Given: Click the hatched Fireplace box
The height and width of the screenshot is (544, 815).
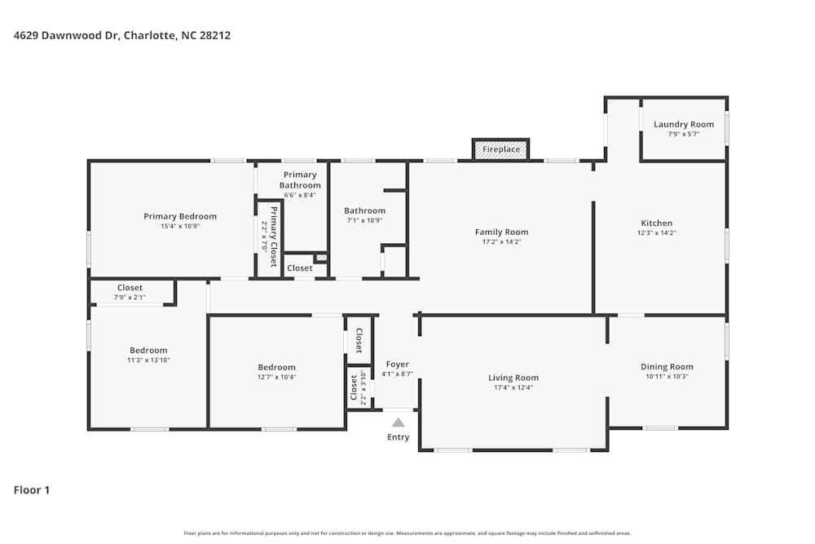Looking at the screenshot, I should point(500,149).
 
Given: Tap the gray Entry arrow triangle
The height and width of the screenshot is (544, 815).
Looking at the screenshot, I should point(398,422).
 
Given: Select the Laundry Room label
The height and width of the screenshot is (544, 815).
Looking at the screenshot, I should point(683,125).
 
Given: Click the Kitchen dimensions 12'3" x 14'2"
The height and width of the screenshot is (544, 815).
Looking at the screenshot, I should point(656,232).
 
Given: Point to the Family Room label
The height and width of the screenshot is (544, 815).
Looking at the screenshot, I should point(501,232).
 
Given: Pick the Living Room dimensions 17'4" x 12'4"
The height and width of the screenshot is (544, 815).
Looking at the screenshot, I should point(513,387).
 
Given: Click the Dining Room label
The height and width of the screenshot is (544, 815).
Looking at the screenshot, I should point(667,367).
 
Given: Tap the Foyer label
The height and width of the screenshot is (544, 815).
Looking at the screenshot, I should point(397,365).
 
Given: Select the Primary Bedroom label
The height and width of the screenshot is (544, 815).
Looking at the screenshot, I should point(180,216).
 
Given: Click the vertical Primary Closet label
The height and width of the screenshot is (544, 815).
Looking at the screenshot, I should point(274,237).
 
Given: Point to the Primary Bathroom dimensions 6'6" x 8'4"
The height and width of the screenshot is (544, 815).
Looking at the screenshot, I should point(300,195).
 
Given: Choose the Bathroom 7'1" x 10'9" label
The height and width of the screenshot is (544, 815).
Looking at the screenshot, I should point(363,210).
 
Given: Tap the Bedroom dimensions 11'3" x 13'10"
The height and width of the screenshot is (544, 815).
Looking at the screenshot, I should point(148,360).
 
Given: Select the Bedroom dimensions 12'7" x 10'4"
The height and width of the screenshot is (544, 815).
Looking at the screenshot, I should point(276,377).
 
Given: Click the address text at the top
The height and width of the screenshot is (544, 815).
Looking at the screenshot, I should point(122,36).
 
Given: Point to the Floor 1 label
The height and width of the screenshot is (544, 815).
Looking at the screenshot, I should point(32,490).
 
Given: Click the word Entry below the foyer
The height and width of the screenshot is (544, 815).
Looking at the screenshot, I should point(398,438).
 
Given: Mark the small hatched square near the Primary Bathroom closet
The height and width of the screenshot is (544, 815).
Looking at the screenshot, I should point(321,258).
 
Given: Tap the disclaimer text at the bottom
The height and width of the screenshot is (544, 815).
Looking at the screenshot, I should point(407,533).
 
